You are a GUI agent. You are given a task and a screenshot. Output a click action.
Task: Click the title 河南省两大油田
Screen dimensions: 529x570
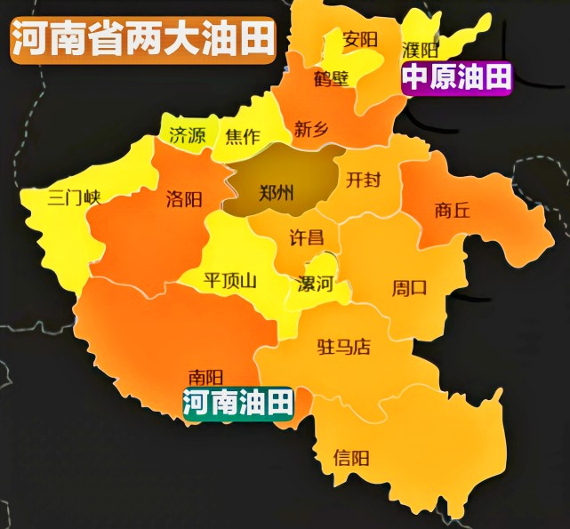(143, 40)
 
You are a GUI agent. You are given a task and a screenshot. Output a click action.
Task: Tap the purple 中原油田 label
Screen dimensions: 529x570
(457, 78)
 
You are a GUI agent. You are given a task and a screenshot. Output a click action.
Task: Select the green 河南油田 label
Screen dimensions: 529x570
(238, 404)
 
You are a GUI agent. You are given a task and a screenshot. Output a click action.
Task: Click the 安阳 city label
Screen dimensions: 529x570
(360, 39)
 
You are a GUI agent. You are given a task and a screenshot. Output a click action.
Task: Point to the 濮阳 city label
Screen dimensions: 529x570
(420, 49)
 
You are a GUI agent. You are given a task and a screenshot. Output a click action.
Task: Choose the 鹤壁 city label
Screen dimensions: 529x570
(332, 79)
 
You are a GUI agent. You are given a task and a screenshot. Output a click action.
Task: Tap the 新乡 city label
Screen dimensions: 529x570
(311, 130)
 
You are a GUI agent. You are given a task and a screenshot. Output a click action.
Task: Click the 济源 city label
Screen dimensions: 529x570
(187, 136)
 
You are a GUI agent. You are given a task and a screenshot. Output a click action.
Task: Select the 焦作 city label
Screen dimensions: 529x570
(242, 136)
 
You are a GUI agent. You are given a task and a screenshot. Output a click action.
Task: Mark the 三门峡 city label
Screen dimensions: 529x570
(75, 197)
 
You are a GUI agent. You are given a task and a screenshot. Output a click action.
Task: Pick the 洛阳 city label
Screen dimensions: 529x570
(183, 199)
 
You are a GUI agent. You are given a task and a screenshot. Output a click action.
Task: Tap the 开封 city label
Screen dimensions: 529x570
(363, 180)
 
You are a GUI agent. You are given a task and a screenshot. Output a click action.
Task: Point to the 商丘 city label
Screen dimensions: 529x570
(453, 211)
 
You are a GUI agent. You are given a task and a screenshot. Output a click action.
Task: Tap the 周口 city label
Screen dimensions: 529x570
(410, 288)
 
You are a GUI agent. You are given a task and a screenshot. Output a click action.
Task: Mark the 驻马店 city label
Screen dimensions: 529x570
(343, 347)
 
